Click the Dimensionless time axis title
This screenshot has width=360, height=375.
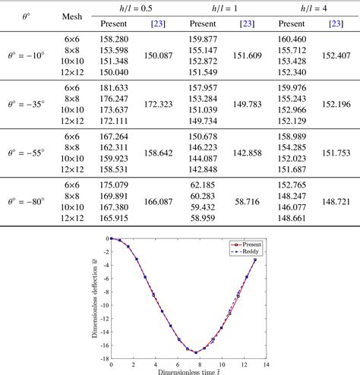pos(189,372)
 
